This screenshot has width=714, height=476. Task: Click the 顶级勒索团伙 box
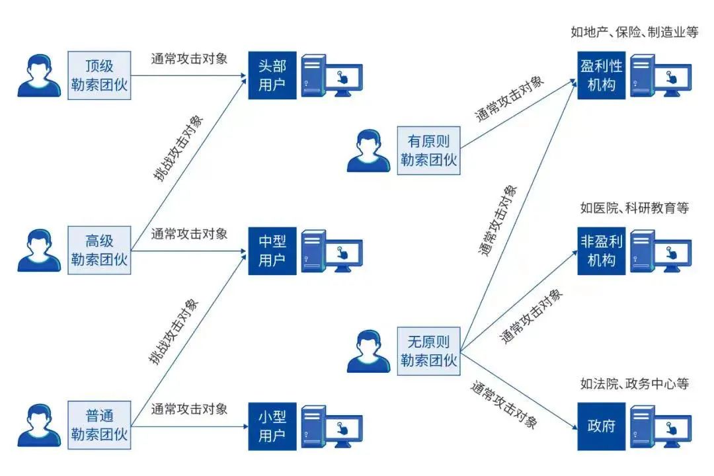pos(99,75)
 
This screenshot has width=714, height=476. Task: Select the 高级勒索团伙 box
pos(99,250)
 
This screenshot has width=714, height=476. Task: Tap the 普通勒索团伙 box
pos(99,424)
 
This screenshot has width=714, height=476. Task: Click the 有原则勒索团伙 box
pos(428,150)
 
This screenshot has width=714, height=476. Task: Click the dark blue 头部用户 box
pos(272,75)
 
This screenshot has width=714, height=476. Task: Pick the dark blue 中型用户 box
pos(272,250)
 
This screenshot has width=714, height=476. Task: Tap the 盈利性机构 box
pos(601,75)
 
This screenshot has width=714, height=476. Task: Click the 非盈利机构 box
pos(601,251)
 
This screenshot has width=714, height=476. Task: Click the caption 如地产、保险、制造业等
pos(634,32)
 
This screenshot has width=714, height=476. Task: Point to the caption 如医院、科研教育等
pos(634,208)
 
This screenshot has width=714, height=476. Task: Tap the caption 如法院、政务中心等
pos(634,383)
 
